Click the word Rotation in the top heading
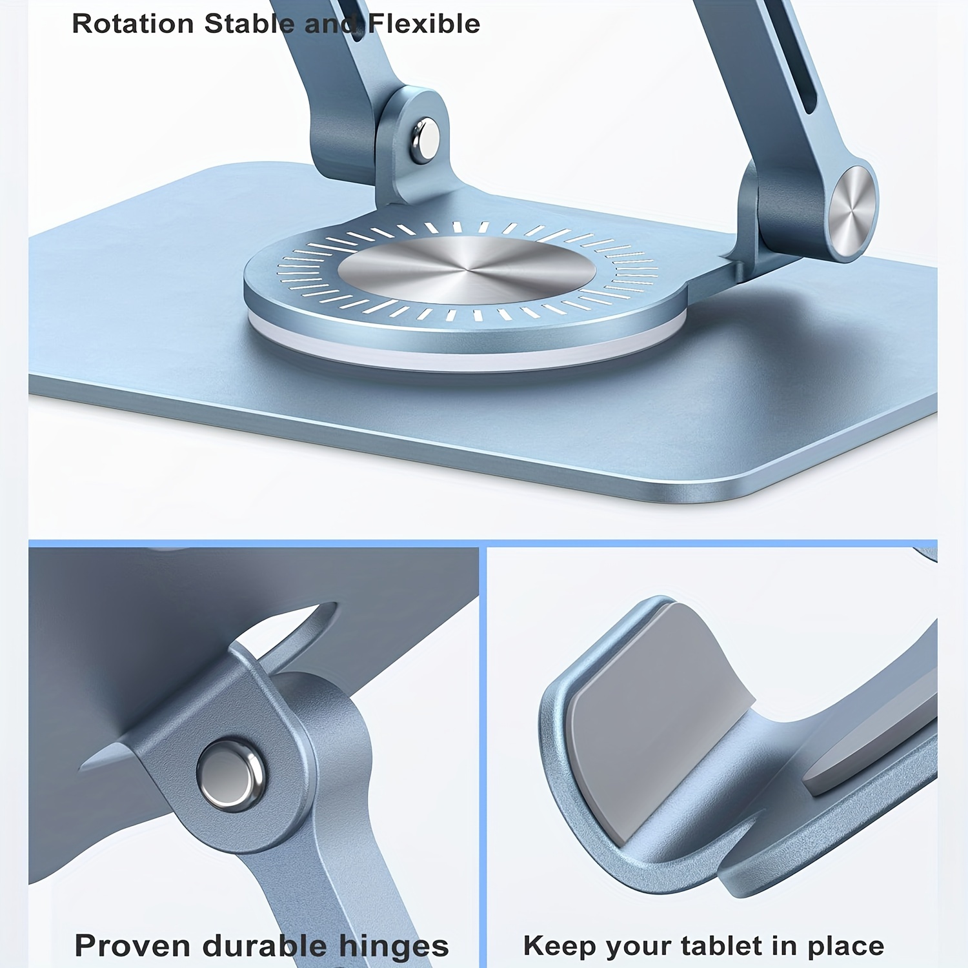[132, 24]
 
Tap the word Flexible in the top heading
[424, 24]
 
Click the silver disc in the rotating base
[458, 270]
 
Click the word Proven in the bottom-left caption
[134, 945]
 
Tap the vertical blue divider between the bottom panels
[483, 755]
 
